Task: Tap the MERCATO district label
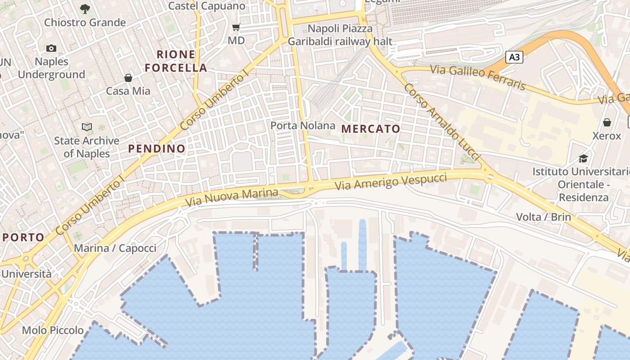coord(370,129)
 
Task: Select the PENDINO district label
coord(157,148)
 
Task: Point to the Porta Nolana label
coord(303,126)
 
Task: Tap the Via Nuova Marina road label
coord(232,198)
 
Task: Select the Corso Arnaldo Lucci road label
coord(441,122)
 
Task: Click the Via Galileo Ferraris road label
coord(478,77)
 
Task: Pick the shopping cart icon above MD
coord(236,27)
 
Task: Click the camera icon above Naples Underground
coord(51,48)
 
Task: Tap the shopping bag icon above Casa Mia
coord(128,78)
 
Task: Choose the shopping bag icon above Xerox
coord(607,122)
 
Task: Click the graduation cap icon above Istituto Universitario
coord(583,158)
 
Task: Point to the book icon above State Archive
coord(87,127)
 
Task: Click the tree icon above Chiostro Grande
coord(85,9)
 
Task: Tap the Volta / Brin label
coord(543,217)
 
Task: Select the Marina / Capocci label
coord(115,248)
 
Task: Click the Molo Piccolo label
coord(53,330)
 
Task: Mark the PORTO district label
coord(23,237)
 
